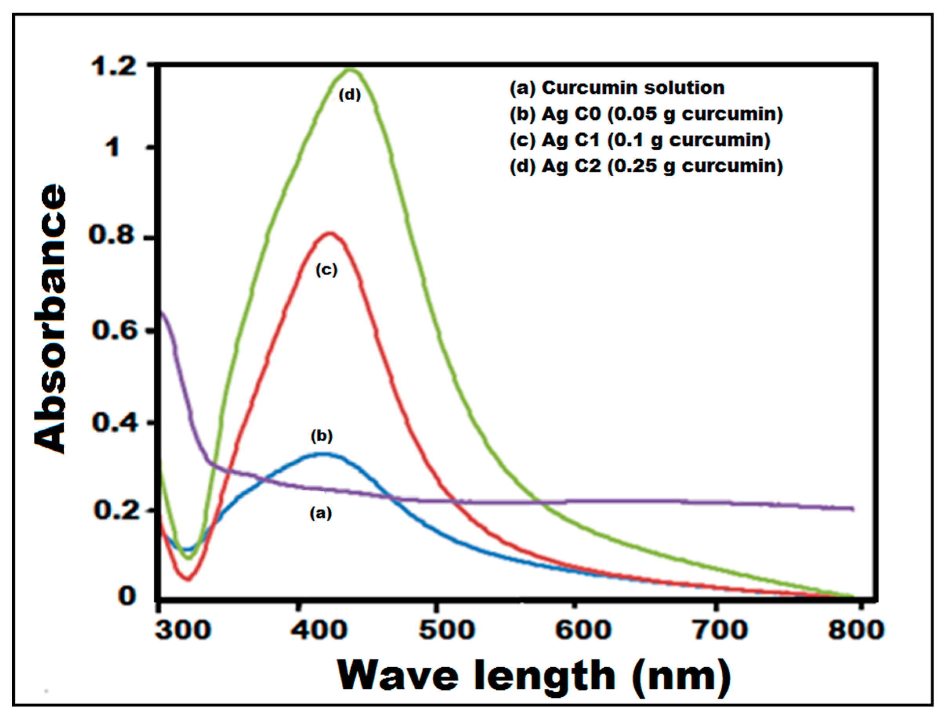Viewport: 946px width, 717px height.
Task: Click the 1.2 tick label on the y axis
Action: coord(114,67)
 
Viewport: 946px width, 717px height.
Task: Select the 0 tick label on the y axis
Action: coord(127,595)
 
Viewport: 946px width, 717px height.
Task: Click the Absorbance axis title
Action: coord(51,318)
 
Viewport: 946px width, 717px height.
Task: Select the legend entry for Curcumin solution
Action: coord(617,88)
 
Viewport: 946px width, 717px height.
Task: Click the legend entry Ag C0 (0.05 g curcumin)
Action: coord(646,114)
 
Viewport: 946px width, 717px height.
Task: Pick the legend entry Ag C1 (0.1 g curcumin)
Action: coord(640,140)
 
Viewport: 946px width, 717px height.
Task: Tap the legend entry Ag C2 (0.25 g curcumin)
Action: coord(646,166)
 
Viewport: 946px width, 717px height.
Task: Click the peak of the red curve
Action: coord(330,234)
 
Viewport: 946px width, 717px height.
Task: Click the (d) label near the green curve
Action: coord(350,95)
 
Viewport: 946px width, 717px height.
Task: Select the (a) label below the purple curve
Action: coord(320,513)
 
